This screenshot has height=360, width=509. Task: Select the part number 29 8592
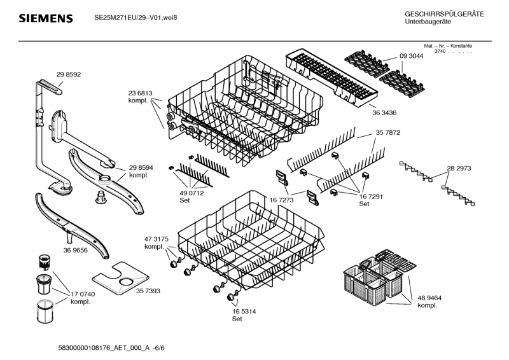pos(69,74)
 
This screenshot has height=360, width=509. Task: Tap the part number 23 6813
pos(140,93)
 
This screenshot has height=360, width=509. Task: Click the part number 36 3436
pos(384,113)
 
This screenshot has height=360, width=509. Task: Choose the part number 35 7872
pos(388,133)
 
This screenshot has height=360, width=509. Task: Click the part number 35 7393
pos(148,291)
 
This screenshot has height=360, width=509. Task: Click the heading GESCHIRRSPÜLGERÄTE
pos(443,14)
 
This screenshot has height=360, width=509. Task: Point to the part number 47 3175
pos(156,239)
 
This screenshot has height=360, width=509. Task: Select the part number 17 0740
pos(83,294)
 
